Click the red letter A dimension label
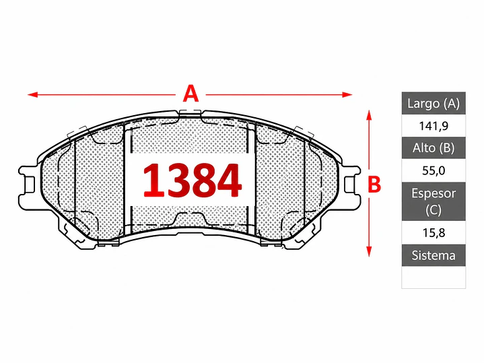(191, 94)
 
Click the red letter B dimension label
(374, 184)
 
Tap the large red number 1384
(192, 180)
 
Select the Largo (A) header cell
(434, 103)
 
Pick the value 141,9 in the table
(434, 126)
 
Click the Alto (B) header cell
(434, 148)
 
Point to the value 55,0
(434, 170)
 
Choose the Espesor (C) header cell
(434, 201)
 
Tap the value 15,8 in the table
(434, 232)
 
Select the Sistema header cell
(434, 255)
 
